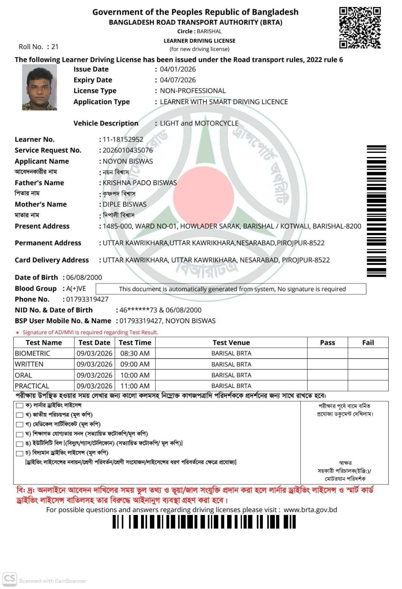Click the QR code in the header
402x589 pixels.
pos(360,28)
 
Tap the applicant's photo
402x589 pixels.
pos(39,87)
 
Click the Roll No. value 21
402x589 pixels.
pos(55,47)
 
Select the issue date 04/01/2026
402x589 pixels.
pos(178,69)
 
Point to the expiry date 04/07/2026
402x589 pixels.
pos(178,80)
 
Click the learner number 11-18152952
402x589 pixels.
pos(123,140)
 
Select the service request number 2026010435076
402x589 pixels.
pos(127,150)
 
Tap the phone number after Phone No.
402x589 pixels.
pos(87,299)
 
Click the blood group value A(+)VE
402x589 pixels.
pos(76,289)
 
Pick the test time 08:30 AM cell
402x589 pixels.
pos(135,353)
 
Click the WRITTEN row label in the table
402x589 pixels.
pos(29,364)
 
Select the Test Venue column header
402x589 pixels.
pos(231,343)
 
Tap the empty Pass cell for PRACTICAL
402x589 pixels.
pos(327,386)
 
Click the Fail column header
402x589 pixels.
pos(368,343)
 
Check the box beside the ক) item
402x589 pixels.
pos(20,406)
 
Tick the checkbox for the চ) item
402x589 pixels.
pos(20,453)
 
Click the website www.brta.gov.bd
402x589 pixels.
pos(310,510)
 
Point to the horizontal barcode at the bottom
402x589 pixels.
pos(204,522)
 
